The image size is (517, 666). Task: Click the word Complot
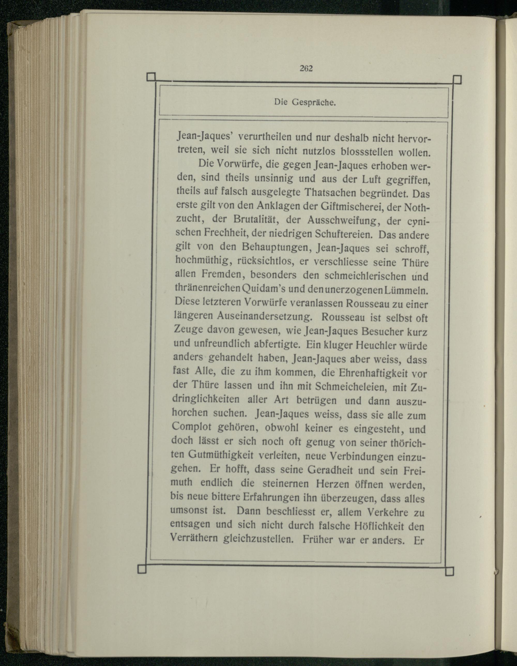pos(192,427)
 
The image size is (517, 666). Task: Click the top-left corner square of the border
pos(151,77)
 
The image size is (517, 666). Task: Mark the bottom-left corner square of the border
pos(142,569)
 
